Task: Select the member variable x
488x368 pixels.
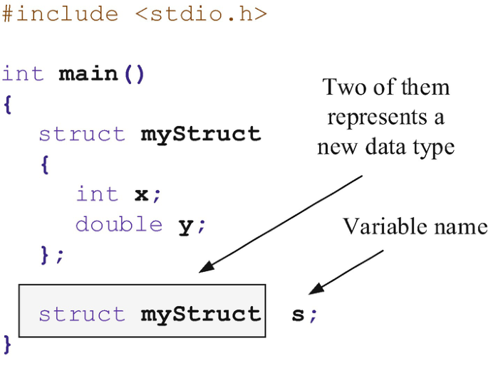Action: [x=140, y=194]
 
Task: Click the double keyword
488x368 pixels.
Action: [x=119, y=224]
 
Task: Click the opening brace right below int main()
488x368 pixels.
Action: [x=7, y=105]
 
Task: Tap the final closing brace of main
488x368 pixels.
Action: [x=7, y=345]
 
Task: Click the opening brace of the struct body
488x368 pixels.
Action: [x=44, y=164]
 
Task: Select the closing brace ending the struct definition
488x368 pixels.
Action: [x=46, y=254]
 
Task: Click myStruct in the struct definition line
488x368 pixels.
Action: [x=201, y=134]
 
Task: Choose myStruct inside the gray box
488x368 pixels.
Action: [x=201, y=314]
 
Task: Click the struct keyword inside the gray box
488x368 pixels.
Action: [x=81, y=314]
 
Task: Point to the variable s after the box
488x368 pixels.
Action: [x=298, y=314]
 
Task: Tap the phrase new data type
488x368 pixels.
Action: [x=385, y=147]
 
